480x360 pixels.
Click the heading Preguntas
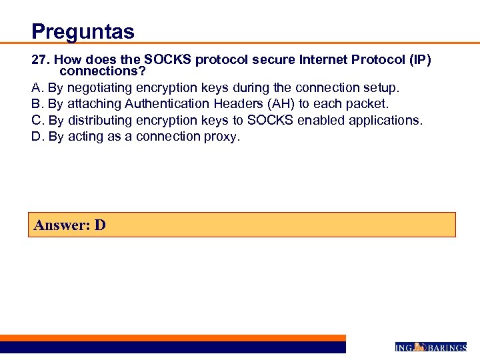tap(83, 31)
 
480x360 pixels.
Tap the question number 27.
tap(39, 60)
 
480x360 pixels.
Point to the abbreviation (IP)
tap(417, 60)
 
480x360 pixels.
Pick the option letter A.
tap(37, 87)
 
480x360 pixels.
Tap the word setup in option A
tap(381, 87)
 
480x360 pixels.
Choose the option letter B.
tap(37, 104)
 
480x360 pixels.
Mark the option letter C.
tap(37, 120)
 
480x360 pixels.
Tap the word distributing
tap(100, 120)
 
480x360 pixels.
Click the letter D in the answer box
tap(99, 225)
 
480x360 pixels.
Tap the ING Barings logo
tap(431, 347)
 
